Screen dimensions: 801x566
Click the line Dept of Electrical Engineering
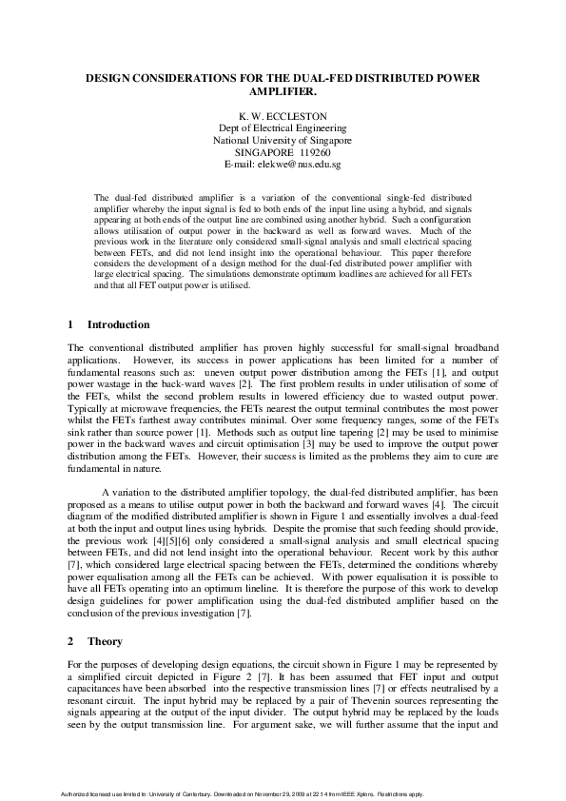pos(283,127)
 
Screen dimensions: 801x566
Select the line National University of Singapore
pos(283,139)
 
